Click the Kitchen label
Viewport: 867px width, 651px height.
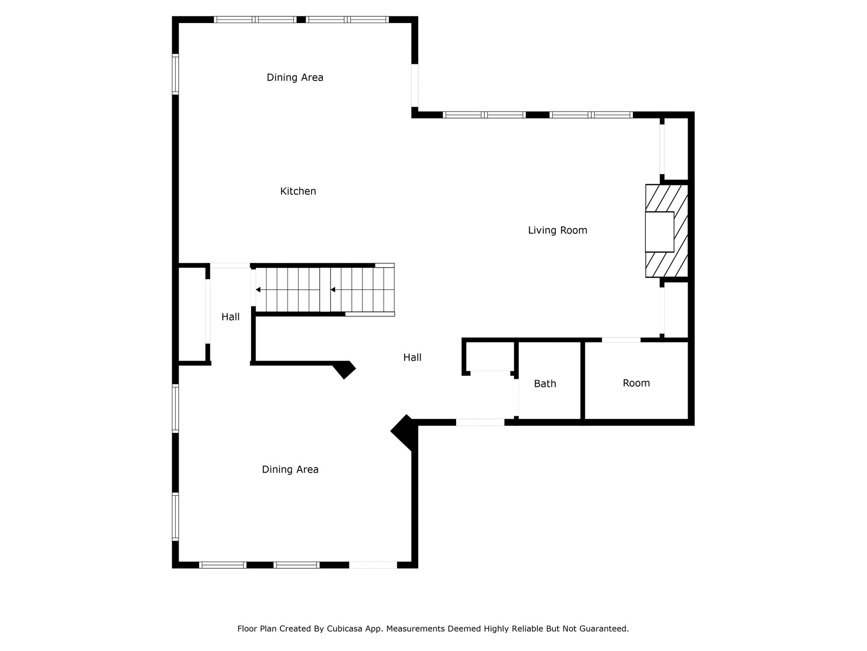(x=298, y=191)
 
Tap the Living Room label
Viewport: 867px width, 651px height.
(x=558, y=231)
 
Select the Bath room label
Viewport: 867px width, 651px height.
(x=545, y=384)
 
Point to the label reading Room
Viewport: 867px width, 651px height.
(x=636, y=383)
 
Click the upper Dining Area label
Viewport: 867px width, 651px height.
(x=295, y=78)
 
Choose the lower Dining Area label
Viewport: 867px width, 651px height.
(x=290, y=470)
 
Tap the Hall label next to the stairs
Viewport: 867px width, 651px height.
(x=230, y=317)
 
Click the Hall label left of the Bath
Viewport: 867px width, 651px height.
(x=412, y=358)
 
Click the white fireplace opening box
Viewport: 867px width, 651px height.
(x=659, y=231)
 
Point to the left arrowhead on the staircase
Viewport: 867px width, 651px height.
(x=258, y=289)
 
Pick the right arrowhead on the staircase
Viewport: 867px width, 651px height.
(x=333, y=289)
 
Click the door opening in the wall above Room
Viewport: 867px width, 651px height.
(x=621, y=340)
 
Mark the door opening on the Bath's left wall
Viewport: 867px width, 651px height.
(x=516, y=397)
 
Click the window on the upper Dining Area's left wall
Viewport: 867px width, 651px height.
(x=176, y=74)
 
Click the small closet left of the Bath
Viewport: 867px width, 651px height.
(x=490, y=357)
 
